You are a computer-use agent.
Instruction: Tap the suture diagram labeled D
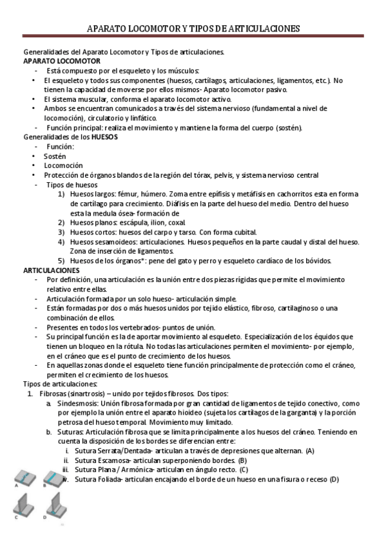[x=55, y=505]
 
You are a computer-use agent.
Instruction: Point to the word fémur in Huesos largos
[x=124, y=194]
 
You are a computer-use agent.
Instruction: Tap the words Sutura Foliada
[x=101, y=479]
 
